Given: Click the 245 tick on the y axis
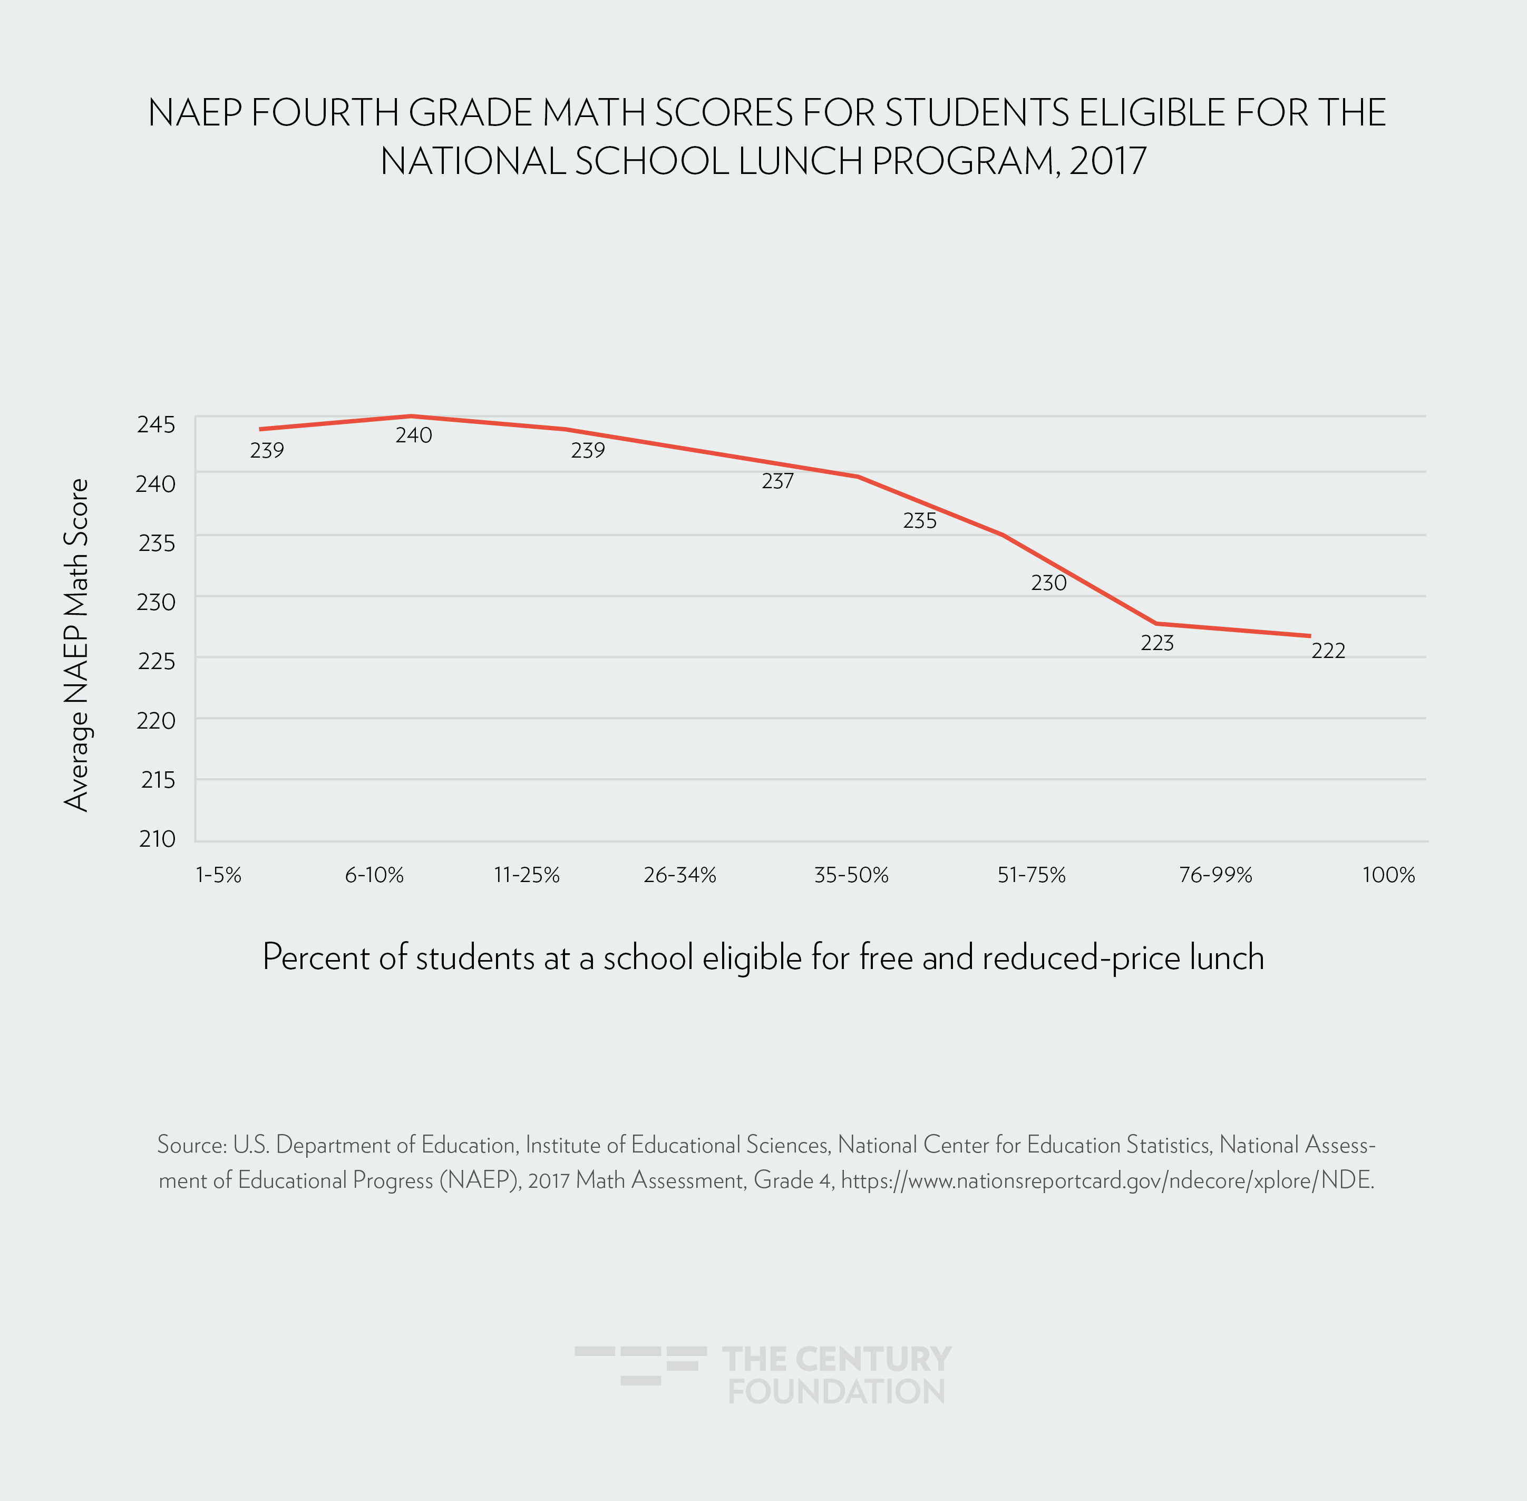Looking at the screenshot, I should click(x=156, y=424).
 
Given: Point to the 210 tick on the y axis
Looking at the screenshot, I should click(x=157, y=839).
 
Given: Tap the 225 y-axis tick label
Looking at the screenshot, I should click(x=156, y=661).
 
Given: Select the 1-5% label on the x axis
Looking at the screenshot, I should click(x=218, y=875).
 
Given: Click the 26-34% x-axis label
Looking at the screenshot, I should click(x=679, y=875).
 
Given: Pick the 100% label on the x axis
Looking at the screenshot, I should click(x=1388, y=875).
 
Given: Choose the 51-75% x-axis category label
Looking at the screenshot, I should click(x=1031, y=875).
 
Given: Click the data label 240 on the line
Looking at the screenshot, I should click(x=413, y=435).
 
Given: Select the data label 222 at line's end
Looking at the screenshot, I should click(x=1328, y=651).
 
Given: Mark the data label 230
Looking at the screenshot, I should click(x=1048, y=584).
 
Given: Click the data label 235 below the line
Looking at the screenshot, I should click(x=919, y=521).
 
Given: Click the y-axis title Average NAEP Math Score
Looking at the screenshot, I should click(x=76, y=645).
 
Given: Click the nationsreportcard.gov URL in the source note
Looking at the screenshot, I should click(x=1107, y=1180).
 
